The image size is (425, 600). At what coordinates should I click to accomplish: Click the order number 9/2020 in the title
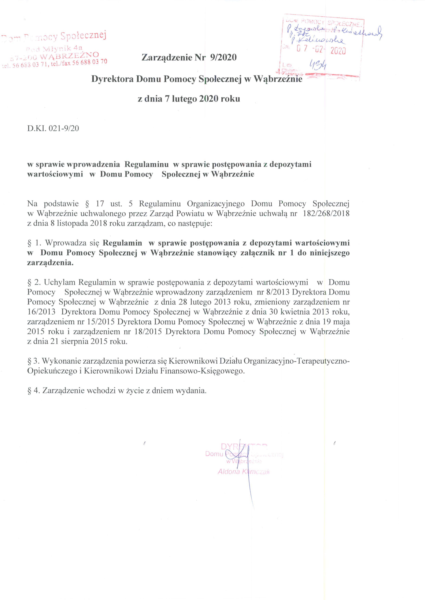[223, 57]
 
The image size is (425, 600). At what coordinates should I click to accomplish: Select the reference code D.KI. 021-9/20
[53, 129]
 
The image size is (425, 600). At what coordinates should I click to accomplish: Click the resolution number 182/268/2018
[326, 214]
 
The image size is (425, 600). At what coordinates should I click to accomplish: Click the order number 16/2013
[41, 312]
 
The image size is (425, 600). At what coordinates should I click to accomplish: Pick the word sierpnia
[74, 341]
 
